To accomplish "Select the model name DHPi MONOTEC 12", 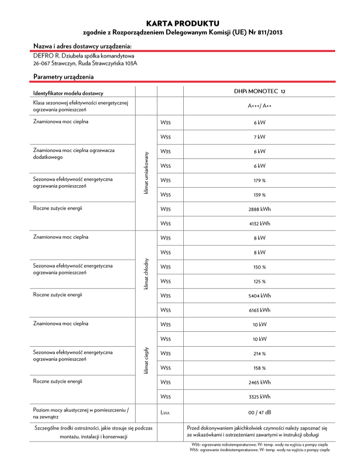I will [259, 91].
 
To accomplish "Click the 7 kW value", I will [259, 137].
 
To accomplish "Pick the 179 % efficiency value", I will [259, 180].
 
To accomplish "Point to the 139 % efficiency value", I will [259, 195].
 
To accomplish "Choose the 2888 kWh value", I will [259, 209].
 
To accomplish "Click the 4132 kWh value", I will [259, 224].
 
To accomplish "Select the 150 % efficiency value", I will [259, 267].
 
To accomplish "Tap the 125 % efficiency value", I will [259, 282].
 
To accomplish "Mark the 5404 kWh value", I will [259, 296].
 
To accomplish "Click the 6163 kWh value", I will [259, 310].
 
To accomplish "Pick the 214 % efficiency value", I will [259, 354].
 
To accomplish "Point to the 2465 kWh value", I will [259, 382].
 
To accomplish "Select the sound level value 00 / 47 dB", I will [259, 412].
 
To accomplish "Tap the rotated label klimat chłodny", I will [146, 274].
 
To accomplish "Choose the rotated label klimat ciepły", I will [146, 361].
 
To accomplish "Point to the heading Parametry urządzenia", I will [63, 76].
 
